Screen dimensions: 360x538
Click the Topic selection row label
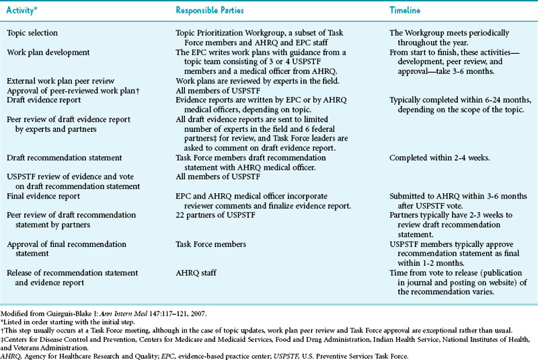(33, 33)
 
